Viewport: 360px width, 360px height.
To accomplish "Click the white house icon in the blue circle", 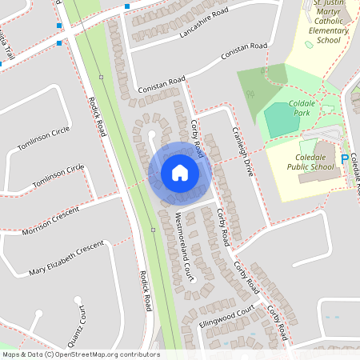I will [179, 172].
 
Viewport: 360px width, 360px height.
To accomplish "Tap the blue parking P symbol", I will [345, 159].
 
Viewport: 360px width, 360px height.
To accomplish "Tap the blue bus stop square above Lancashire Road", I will [126, 6].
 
